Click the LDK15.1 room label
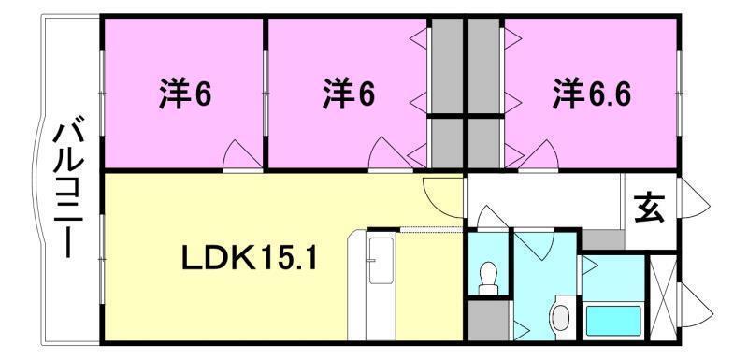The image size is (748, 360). click(249, 258)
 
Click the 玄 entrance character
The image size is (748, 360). click(650, 207)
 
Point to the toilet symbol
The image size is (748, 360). click(486, 275)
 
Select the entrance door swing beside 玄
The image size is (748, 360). click(693, 199)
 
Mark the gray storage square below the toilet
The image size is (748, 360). click(486, 319)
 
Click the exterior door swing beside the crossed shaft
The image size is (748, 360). click(694, 305)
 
